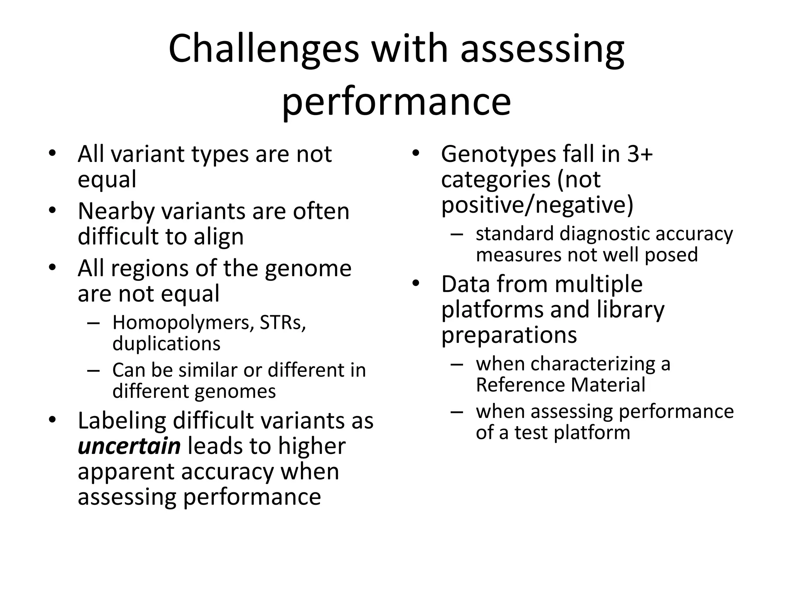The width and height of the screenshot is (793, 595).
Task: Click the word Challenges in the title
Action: click(264, 49)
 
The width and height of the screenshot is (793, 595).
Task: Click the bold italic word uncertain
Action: click(129, 446)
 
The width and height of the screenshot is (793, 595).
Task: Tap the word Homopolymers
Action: click(181, 322)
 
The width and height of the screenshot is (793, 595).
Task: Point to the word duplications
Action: click(166, 344)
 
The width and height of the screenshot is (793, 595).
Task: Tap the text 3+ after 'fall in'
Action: click(640, 154)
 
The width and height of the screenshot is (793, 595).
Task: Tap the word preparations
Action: click(509, 335)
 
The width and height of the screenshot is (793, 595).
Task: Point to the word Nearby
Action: click(116, 212)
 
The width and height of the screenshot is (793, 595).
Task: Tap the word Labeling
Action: click(122, 421)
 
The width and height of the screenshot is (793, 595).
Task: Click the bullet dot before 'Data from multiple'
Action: click(415, 284)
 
